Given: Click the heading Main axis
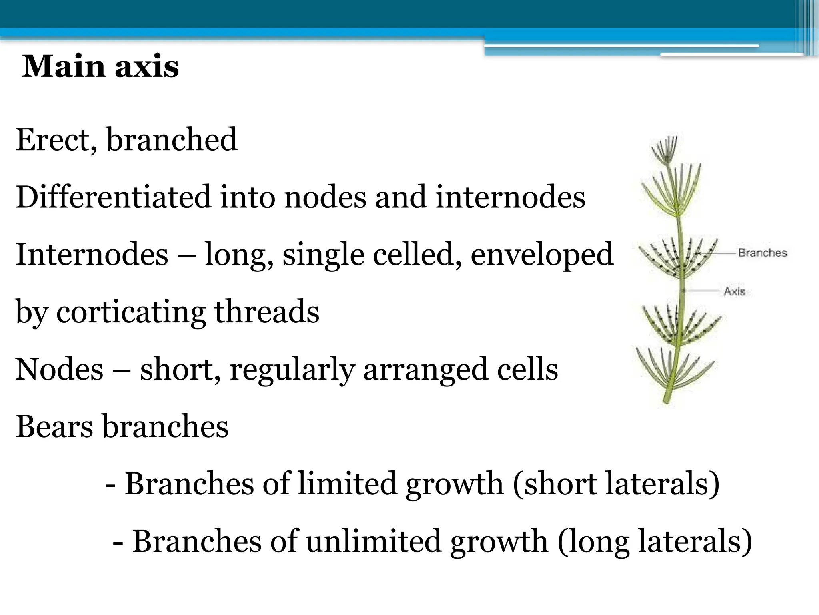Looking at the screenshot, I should point(100,66).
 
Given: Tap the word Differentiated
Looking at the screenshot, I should point(113,197).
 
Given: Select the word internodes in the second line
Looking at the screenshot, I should point(510,197).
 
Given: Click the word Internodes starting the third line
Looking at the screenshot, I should point(92,255).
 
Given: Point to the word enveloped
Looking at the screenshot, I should point(542,255).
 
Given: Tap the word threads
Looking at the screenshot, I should point(267,312).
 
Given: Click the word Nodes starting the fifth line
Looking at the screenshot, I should point(59,369).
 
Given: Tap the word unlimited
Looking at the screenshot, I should point(375,541).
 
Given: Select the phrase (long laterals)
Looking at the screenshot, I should point(655,542).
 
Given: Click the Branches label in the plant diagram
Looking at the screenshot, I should point(762,253).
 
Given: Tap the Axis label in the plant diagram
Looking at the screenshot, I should point(734,291).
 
